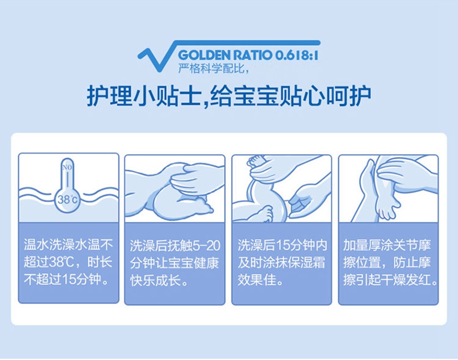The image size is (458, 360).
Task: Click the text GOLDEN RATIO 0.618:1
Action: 248,55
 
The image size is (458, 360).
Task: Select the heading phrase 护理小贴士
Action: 144,96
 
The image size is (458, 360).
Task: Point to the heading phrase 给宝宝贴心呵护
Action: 290,96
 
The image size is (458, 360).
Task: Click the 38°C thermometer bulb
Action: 67,199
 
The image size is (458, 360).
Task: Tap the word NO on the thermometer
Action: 67,168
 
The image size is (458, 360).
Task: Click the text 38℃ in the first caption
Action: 61,262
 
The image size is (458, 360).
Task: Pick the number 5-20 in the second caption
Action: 206,246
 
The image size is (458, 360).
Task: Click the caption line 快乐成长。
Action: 159,281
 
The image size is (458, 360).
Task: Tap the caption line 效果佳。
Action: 260,279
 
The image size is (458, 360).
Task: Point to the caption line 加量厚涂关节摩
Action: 387,245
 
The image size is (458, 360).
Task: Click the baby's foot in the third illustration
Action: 264,213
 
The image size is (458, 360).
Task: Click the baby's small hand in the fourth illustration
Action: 386,205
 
